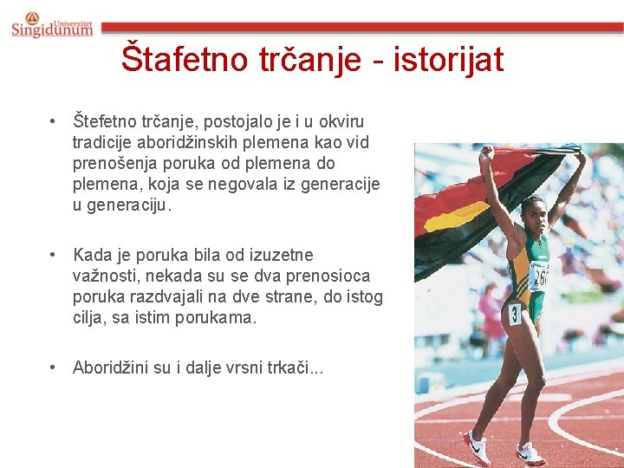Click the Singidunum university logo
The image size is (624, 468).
(x=52, y=24)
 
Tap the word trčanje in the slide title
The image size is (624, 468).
(x=302, y=59)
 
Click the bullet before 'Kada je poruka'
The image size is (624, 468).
(x=54, y=256)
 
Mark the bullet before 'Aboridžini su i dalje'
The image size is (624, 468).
(x=54, y=367)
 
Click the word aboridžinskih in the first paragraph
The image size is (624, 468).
(x=197, y=142)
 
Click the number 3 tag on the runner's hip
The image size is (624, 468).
(x=514, y=313)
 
